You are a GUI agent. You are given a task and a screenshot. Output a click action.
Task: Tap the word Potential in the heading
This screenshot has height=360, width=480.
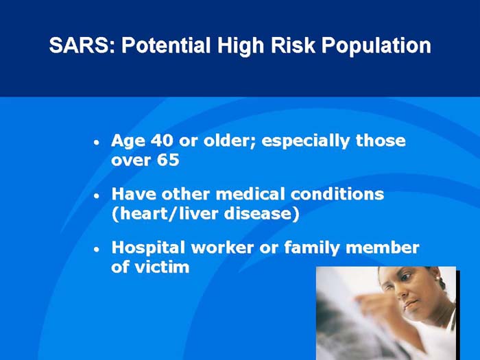(165, 47)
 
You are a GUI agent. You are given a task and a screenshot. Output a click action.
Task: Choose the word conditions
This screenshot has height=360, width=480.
(343, 194)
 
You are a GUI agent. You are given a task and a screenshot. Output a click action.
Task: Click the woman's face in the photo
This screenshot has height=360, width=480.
(411, 288)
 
